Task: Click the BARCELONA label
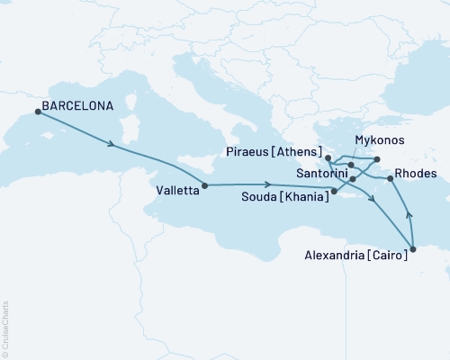(x=77, y=105)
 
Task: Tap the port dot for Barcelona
(x=38, y=112)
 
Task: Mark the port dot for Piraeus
(x=328, y=158)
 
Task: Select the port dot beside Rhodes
(x=390, y=179)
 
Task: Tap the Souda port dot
(x=334, y=191)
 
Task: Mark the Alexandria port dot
(x=413, y=249)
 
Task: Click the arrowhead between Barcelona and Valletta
(x=110, y=144)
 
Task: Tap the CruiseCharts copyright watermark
(x=5, y=328)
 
